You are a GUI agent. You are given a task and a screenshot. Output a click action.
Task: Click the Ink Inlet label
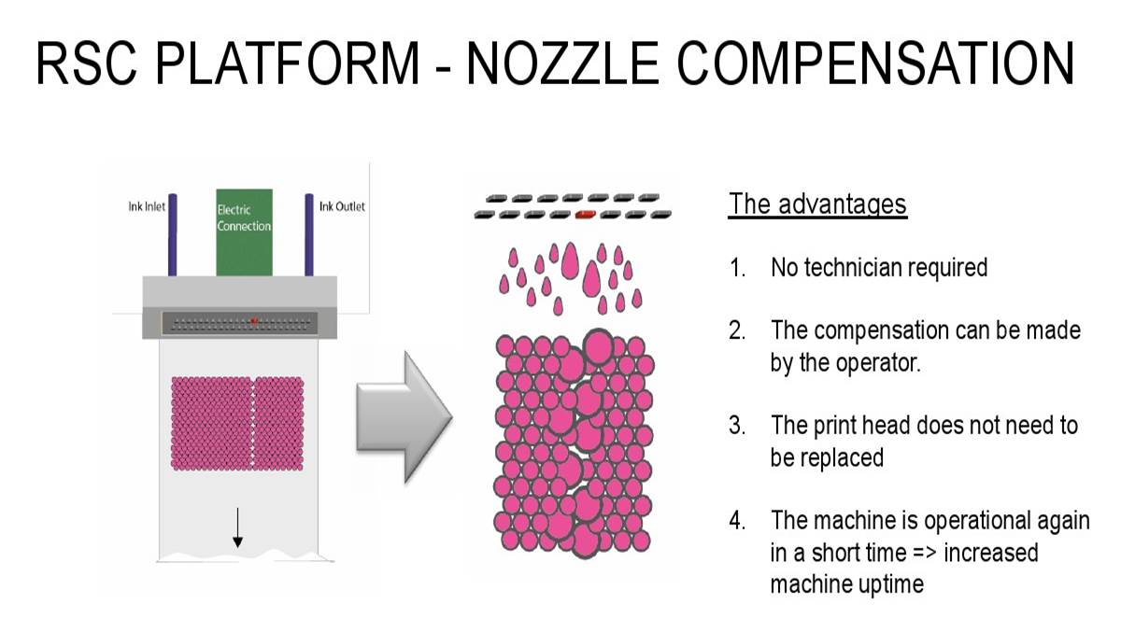coord(147,206)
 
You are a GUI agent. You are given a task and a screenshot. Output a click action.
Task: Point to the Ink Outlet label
coord(342,206)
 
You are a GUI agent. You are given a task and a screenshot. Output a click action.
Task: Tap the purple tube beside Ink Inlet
coord(173,234)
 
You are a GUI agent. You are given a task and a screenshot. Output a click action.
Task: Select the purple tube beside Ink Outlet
coord(308,234)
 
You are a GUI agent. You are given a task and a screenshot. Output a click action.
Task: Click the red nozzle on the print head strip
coord(253,321)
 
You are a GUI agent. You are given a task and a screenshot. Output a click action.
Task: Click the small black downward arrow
coord(237,528)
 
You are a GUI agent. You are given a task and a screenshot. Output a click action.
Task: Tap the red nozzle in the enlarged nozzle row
coord(586,214)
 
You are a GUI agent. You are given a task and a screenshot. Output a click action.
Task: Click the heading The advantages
coord(817,204)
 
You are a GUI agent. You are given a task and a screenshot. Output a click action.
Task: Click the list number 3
coord(737,426)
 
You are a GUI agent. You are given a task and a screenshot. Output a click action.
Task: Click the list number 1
coord(737,267)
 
